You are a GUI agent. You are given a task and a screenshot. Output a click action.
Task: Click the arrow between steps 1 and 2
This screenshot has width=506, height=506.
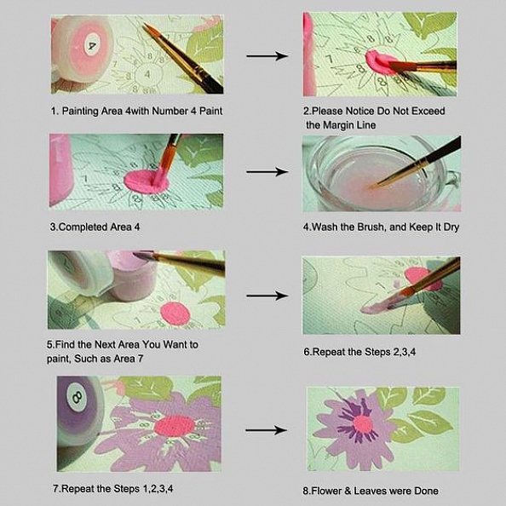(x=267, y=57)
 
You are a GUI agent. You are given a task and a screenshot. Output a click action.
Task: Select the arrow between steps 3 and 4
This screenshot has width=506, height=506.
(x=267, y=172)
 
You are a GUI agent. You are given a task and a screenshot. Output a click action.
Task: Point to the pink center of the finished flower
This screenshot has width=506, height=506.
(x=363, y=423)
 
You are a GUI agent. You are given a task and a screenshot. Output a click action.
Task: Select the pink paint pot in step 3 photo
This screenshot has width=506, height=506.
(x=61, y=170)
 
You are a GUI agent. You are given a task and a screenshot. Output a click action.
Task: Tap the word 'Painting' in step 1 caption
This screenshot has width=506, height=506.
(x=82, y=111)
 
